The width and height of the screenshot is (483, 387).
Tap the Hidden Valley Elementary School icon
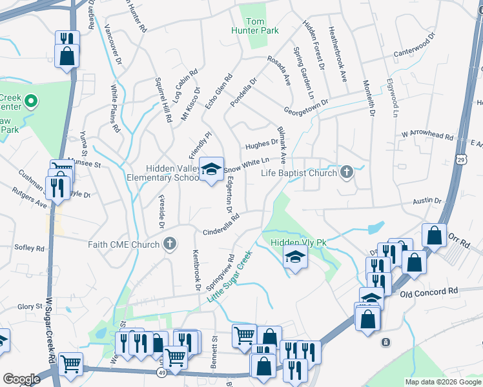211,170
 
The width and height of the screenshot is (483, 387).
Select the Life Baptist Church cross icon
347,172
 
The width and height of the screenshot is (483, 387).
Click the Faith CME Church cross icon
169,244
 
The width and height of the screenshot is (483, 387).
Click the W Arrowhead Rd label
426,135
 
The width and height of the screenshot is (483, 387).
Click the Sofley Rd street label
30,248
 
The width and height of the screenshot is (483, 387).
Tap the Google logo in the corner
21,379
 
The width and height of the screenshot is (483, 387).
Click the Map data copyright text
442,382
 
